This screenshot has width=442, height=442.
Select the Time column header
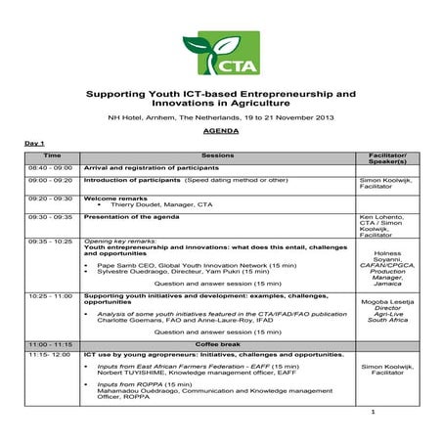click(x=53, y=155)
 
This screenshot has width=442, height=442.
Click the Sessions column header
click(x=218, y=155)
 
